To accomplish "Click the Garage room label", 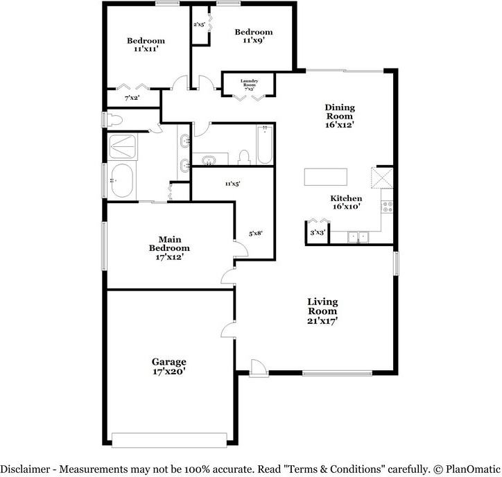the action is (x=168, y=362).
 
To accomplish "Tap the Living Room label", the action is (x=322, y=306).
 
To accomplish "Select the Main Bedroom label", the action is (x=169, y=243).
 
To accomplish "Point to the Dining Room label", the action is (x=340, y=112).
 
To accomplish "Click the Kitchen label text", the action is (x=346, y=198).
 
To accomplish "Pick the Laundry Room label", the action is (x=249, y=83).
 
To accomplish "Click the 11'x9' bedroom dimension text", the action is (x=254, y=40).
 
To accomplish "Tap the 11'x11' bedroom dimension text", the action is (x=146, y=49).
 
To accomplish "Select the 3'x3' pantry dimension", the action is (x=318, y=233).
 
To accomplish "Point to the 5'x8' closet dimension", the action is (x=255, y=234).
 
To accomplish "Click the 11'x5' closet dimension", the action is (x=232, y=184).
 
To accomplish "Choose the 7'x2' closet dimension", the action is (x=132, y=98).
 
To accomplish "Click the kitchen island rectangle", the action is (x=326, y=177).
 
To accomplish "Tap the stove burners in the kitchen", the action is (x=388, y=207).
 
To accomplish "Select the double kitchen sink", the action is (x=358, y=238).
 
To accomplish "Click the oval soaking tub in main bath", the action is (x=121, y=180).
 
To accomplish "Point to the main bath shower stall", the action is (x=122, y=146).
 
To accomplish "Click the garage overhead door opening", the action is (x=169, y=440).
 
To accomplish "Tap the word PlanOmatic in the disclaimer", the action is (x=473, y=469).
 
